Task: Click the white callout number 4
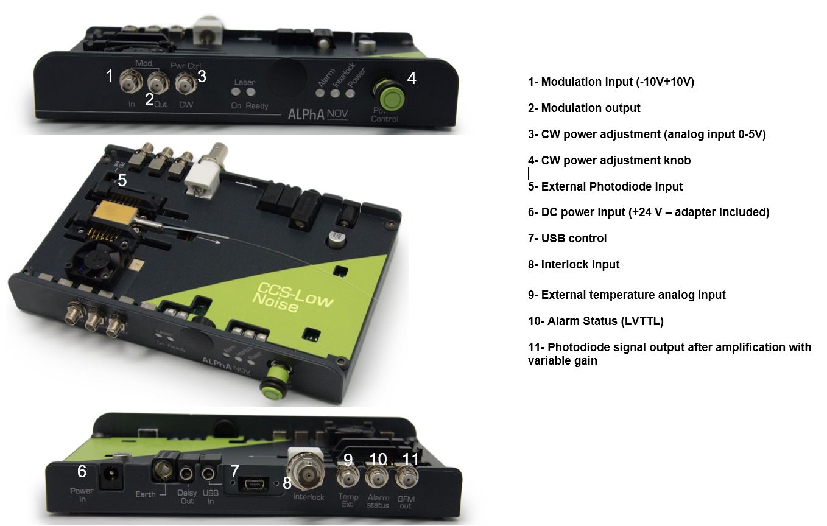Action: tap(412, 78)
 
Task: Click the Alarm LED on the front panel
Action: tap(320, 93)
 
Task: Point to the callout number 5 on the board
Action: tap(122, 180)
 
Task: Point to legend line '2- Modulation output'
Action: tap(583, 108)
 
